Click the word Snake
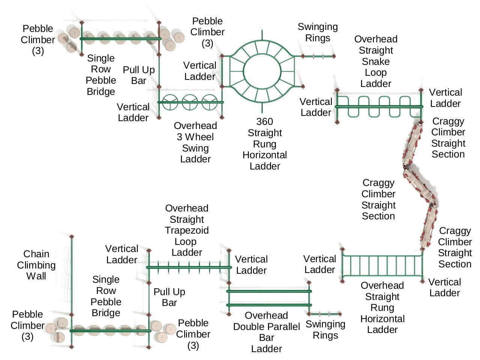coord(376,61)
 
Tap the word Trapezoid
coord(187,230)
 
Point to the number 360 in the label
coord(265,121)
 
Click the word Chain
coord(36,254)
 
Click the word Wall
coord(36,276)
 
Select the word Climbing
coord(36,265)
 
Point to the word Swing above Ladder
coord(195,148)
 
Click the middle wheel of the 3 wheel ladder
coord(190,102)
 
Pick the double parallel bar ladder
coord(269,298)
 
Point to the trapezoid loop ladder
coord(189,267)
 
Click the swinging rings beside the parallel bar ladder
coord(325,314)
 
